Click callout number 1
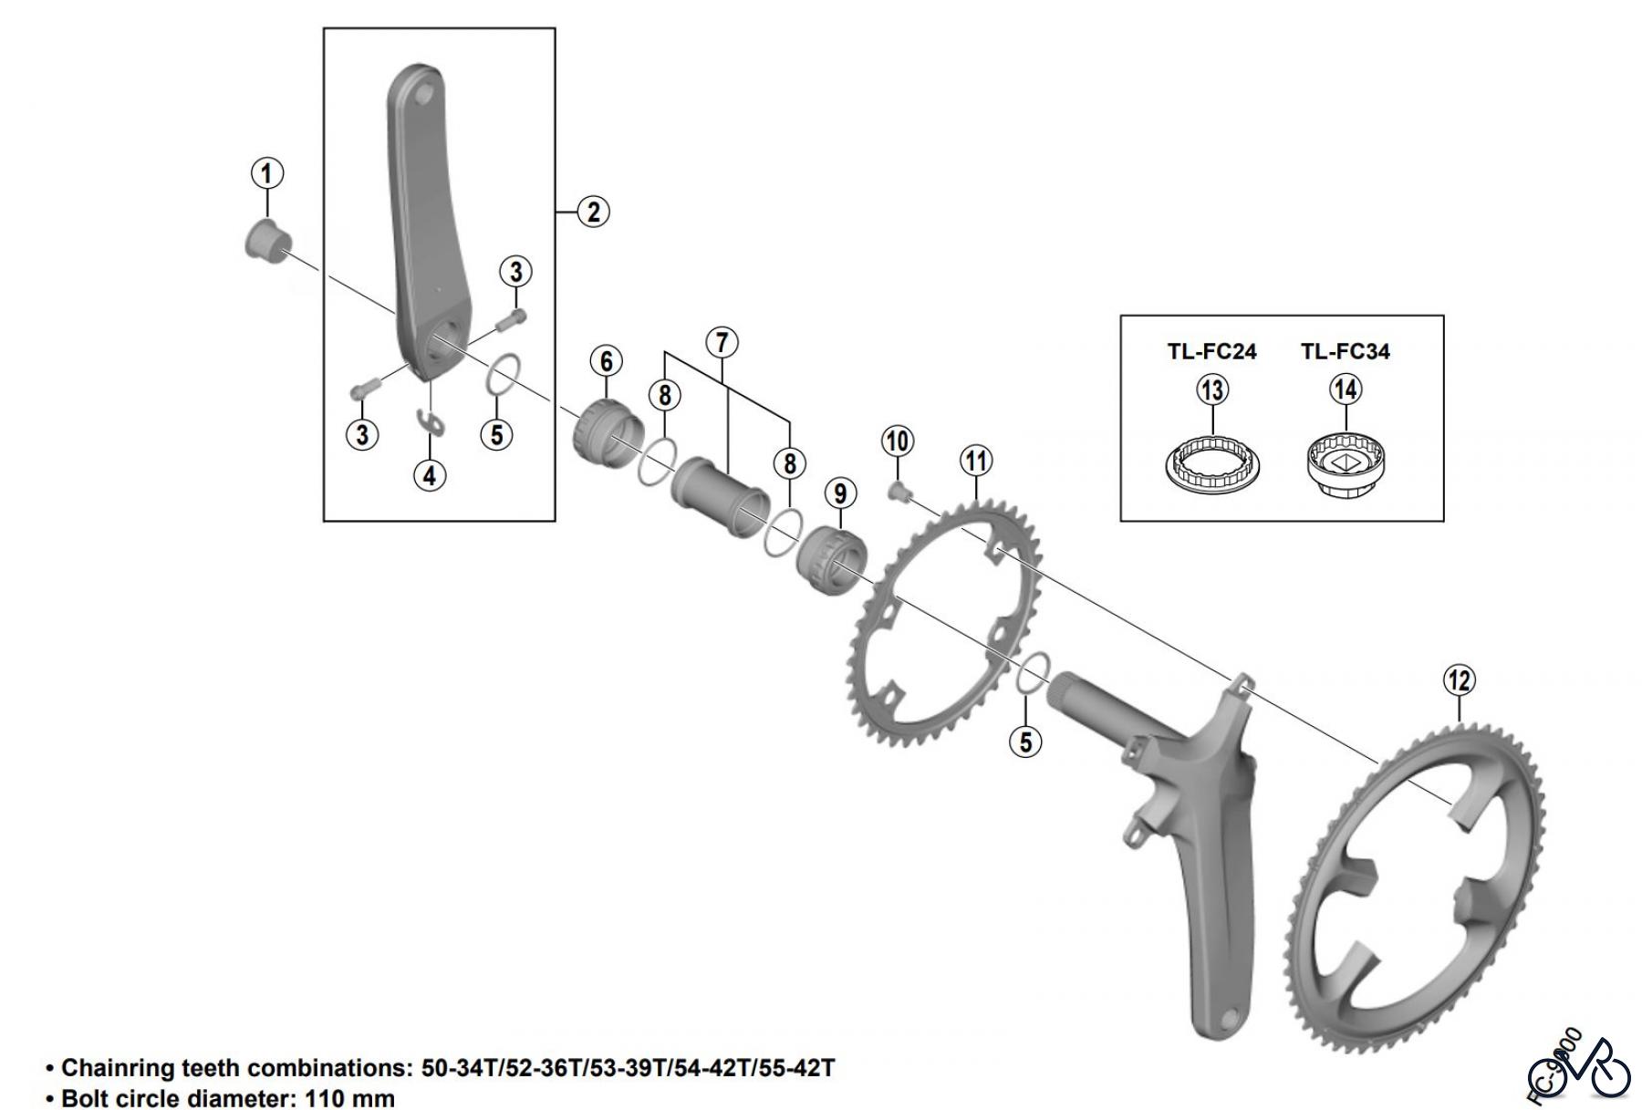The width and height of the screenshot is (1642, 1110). pos(266,173)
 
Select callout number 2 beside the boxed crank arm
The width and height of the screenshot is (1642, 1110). pos(593,212)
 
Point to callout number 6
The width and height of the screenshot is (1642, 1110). pos(606,361)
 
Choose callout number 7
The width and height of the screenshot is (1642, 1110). pos(722,343)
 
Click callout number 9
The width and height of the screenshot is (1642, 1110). pos(840,493)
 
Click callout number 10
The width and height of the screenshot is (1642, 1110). pos(898,441)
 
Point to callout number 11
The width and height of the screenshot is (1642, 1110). pos(976,462)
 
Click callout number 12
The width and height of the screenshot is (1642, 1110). pos(1459,680)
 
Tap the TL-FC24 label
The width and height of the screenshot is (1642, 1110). pos(1211,351)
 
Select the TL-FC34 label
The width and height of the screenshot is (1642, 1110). pos(1345,351)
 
